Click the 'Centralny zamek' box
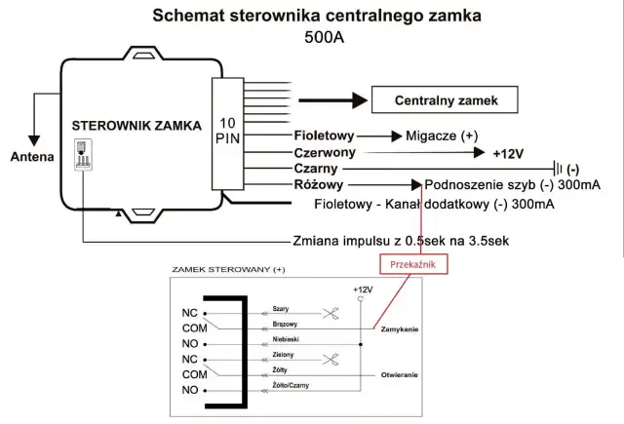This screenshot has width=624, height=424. coord(443,100)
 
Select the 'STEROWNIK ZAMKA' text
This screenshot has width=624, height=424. coord(136,126)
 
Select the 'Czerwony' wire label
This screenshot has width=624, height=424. coord(326,153)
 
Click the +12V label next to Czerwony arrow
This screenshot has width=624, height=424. coord(511,153)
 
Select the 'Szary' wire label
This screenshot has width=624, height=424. coord(280,307)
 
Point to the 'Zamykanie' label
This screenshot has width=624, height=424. coord(401,329)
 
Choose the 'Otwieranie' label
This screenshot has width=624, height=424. coord(400,374)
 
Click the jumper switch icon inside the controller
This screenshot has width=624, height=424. coord(83,152)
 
